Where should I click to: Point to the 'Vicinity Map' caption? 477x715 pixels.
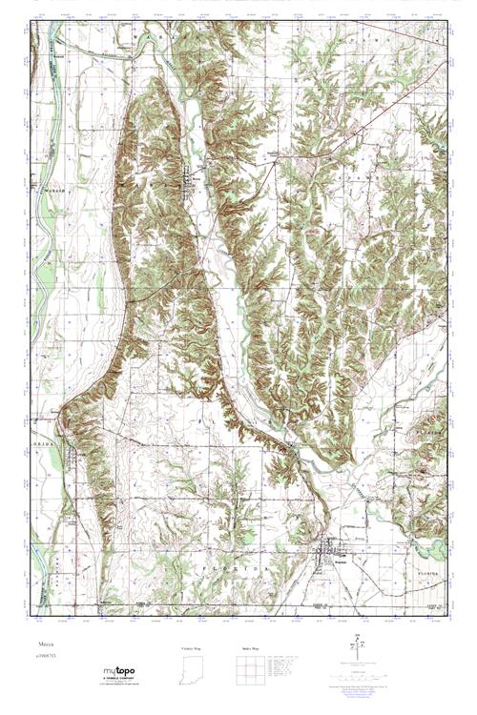(194, 648)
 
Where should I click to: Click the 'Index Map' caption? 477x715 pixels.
(249, 648)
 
